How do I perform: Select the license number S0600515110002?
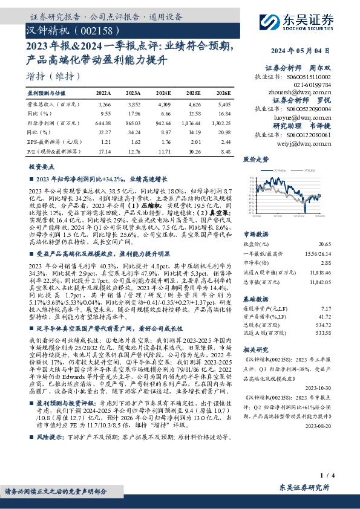click(x=309, y=79)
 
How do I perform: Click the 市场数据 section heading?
click(x=255, y=232)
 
